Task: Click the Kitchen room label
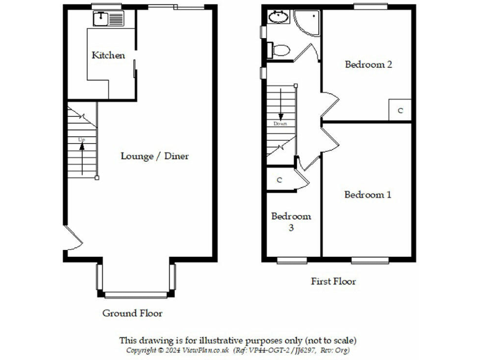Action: point(108,55)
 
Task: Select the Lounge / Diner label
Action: point(154,156)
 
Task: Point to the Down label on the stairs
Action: point(281,123)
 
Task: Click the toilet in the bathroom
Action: point(279,49)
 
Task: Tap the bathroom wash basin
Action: point(278,17)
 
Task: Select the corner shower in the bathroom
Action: point(308,22)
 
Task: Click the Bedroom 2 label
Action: point(368,64)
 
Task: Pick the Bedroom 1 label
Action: point(367,194)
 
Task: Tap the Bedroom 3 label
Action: point(291,222)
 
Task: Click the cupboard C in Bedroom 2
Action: point(400,110)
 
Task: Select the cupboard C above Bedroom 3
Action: point(279,180)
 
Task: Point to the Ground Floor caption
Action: point(132,313)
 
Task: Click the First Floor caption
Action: point(333,281)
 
